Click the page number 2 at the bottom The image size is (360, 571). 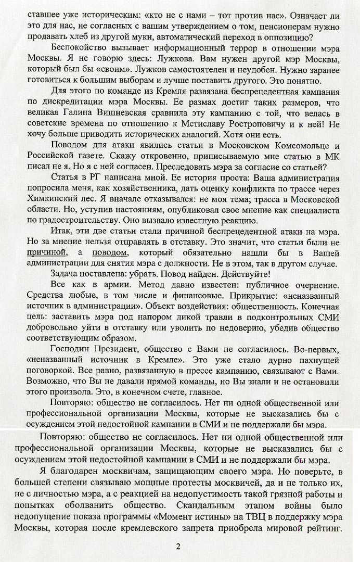click(178, 546)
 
